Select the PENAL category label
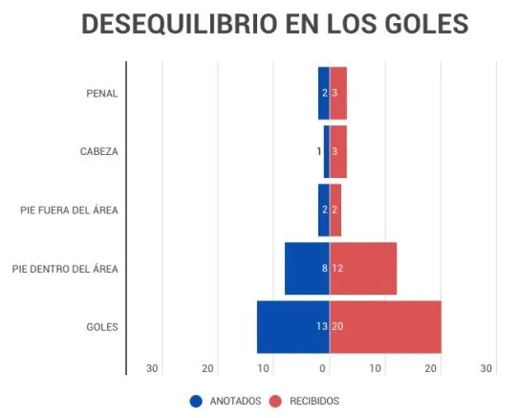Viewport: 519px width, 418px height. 101,93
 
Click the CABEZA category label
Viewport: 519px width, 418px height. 98,151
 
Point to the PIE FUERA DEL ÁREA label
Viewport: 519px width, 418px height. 69,209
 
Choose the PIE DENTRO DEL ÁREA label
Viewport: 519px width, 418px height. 65,269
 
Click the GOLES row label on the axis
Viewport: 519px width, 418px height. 101,327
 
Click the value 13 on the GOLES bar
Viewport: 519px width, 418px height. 322,327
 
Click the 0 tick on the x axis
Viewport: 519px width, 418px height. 324,368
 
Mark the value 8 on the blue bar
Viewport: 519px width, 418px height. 325,269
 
